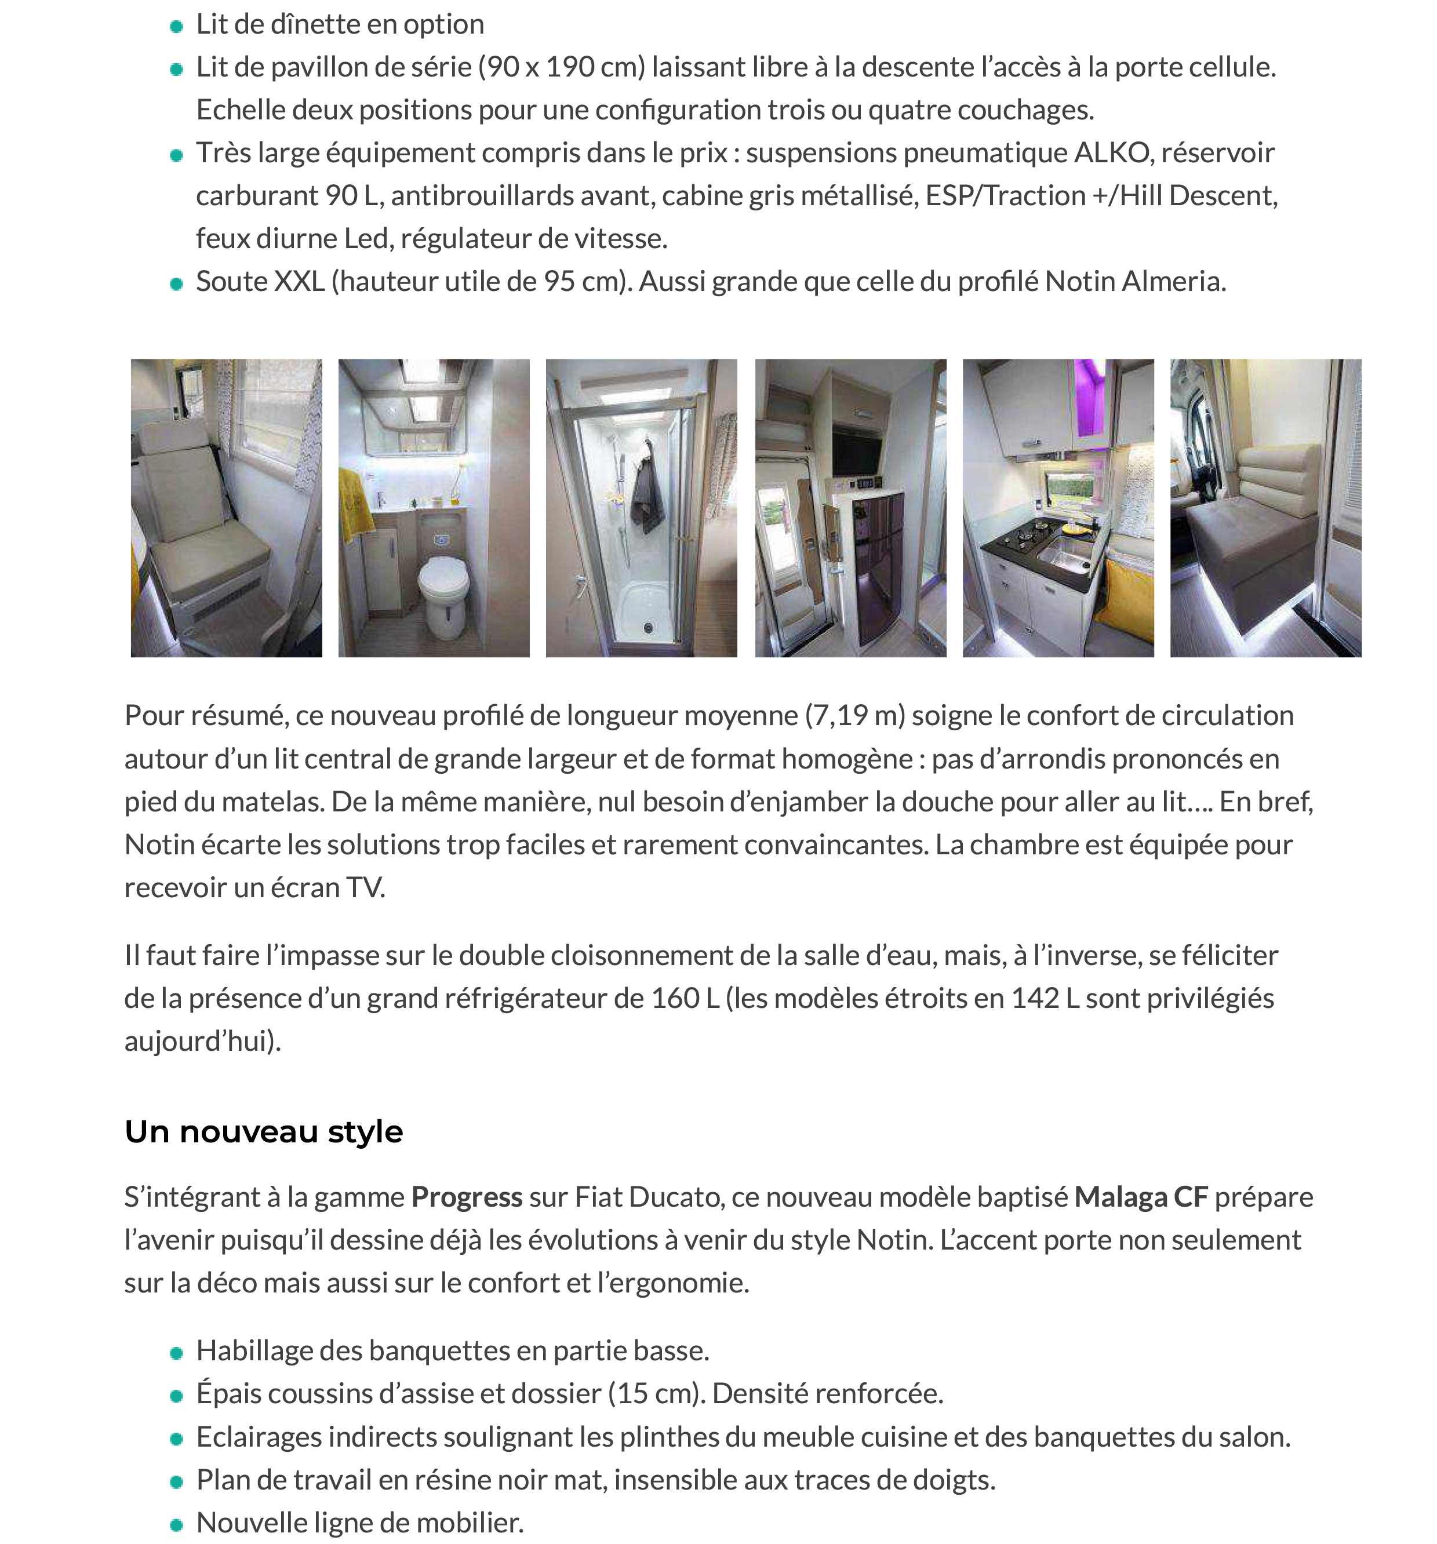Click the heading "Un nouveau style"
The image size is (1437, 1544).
(x=263, y=1131)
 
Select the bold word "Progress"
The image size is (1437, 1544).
(x=466, y=1197)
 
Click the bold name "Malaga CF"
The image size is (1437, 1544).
(x=1140, y=1197)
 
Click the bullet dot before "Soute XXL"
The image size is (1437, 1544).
(x=176, y=283)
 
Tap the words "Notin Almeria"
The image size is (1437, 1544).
(x=1135, y=281)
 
